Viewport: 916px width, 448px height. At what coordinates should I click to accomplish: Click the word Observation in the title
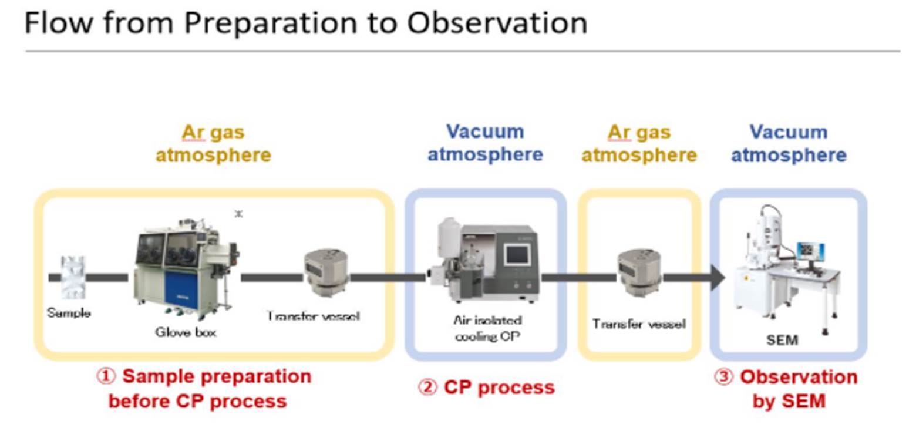pyautogui.click(x=497, y=23)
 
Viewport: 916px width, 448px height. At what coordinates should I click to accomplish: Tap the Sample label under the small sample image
pyautogui.click(x=69, y=313)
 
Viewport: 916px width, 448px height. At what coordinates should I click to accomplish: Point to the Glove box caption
pyautogui.click(x=186, y=332)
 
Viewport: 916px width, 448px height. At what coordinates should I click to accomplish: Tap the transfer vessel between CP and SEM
pyautogui.click(x=639, y=272)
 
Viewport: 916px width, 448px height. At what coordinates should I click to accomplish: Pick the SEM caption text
pyautogui.click(x=782, y=340)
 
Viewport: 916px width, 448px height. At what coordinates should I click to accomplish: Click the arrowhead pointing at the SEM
pyautogui.click(x=718, y=277)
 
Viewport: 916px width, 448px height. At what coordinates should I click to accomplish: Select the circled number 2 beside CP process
pyautogui.click(x=427, y=388)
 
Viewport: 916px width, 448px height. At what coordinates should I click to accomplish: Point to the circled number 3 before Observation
pyautogui.click(x=723, y=376)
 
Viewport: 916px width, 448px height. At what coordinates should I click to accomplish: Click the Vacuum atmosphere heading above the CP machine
pyautogui.click(x=485, y=143)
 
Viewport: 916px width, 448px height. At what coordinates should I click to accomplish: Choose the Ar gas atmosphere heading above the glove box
pyautogui.click(x=213, y=143)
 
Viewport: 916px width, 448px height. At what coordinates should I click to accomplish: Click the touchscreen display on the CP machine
pyautogui.click(x=517, y=254)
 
